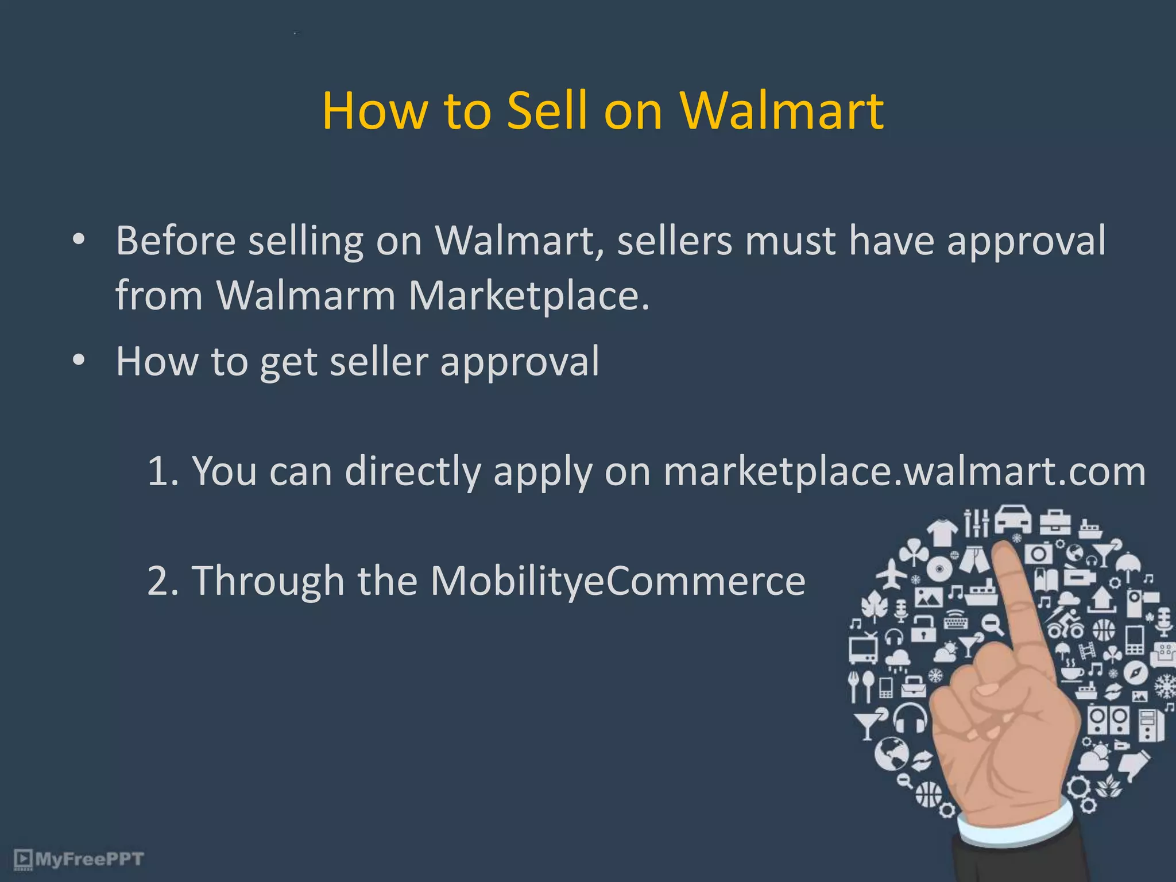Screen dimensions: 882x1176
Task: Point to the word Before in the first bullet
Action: point(175,241)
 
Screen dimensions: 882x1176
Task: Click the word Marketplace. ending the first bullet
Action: point(529,296)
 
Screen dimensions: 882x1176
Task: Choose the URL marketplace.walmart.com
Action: point(904,471)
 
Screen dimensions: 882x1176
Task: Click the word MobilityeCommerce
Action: point(618,581)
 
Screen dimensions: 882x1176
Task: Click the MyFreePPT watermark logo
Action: point(79,860)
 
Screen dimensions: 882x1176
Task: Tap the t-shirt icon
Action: point(942,532)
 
